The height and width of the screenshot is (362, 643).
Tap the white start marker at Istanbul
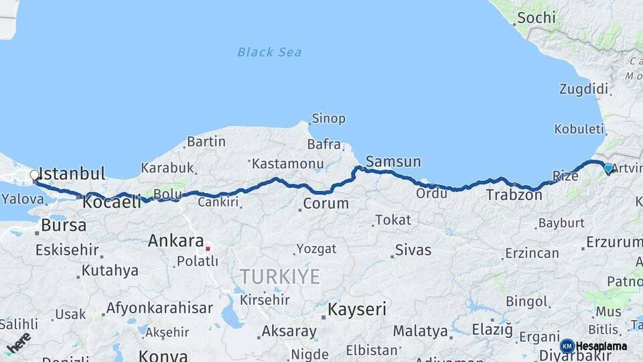(35, 176)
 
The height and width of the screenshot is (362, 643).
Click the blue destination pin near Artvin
(608, 168)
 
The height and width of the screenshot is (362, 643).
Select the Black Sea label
(269, 52)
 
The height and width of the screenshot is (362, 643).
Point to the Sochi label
(532, 18)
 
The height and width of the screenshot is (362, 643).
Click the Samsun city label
(393, 162)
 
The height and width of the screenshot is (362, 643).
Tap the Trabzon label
(514, 195)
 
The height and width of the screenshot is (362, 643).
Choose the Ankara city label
(176, 241)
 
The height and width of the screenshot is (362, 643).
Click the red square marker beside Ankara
(208, 248)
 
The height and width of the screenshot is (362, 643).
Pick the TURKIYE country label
(280, 276)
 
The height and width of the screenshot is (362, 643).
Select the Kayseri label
(357, 310)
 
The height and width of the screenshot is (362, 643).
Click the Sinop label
(328, 119)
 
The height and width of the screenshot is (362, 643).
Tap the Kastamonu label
(288, 163)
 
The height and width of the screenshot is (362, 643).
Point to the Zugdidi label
(583, 89)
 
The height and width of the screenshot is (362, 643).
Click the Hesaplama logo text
(601, 346)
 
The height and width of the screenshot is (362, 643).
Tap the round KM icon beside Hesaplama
(567, 346)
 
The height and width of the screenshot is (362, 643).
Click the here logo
(19, 342)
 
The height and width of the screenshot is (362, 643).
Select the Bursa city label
(64, 225)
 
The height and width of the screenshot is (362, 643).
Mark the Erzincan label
(532, 253)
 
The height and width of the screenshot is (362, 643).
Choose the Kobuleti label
(578, 129)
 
